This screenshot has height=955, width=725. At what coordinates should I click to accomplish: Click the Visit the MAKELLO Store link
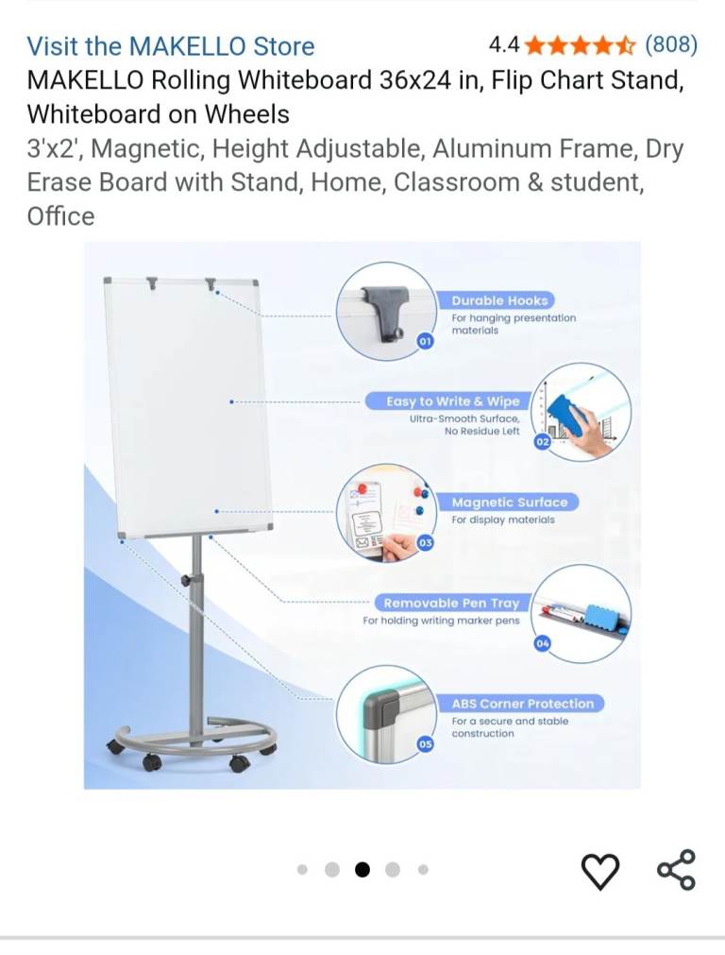pyautogui.click(x=171, y=46)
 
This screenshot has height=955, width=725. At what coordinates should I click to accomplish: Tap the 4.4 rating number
pyautogui.click(x=504, y=44)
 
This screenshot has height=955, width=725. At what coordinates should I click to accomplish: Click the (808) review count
pyautogui.click(x=671, y=44)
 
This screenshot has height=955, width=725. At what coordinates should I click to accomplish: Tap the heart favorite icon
pyautogui.click(x=600, y=872)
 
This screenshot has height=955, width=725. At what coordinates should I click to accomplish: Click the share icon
pyautogui.click(x=676, y=870)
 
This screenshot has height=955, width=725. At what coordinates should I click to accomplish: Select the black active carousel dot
pyautogui.click(x=362, y=870)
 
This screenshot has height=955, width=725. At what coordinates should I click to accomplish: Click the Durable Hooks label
pyautogui.click(x=499, y=300)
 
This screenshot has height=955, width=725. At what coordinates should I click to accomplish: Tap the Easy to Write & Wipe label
pyautogui.click(x=453, y=401)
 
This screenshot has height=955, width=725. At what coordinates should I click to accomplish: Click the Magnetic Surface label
pyautogui.click(x=510, y=503)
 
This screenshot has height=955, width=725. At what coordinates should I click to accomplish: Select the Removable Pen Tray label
pyautogui.click(x=451, y=603)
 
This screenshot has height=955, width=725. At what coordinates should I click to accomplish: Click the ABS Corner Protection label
pyautogui.click(x=522, y=704)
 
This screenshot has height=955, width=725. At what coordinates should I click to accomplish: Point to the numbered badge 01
pyautogui.click(x=425, y=341)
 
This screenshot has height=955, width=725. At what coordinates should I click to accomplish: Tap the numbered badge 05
pyautogui.click(x=425, y=743)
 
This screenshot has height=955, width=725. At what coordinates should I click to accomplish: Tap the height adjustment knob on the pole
pyautogui.click(x=186, y=580)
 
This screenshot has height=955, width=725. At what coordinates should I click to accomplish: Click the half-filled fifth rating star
pyautogui.click(x=626, y=45)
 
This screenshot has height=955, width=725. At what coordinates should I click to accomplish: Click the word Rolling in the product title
pyautogui.click(x=191, y=79)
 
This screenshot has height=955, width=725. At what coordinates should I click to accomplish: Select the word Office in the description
pyautogui.click(x=60, y=216)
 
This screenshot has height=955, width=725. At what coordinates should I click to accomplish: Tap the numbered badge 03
pyautogui.click(x=425, y=542)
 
